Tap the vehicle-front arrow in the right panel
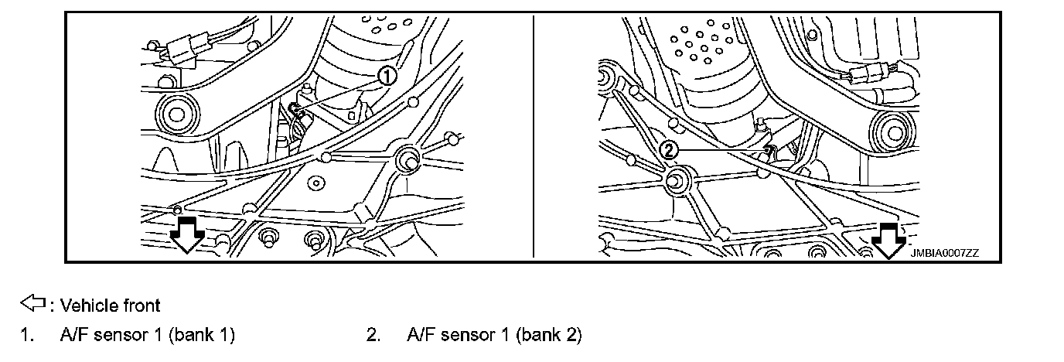coord(888,241)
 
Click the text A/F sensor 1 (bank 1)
coord(147,335)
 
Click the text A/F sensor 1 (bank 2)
coord(494,335)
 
